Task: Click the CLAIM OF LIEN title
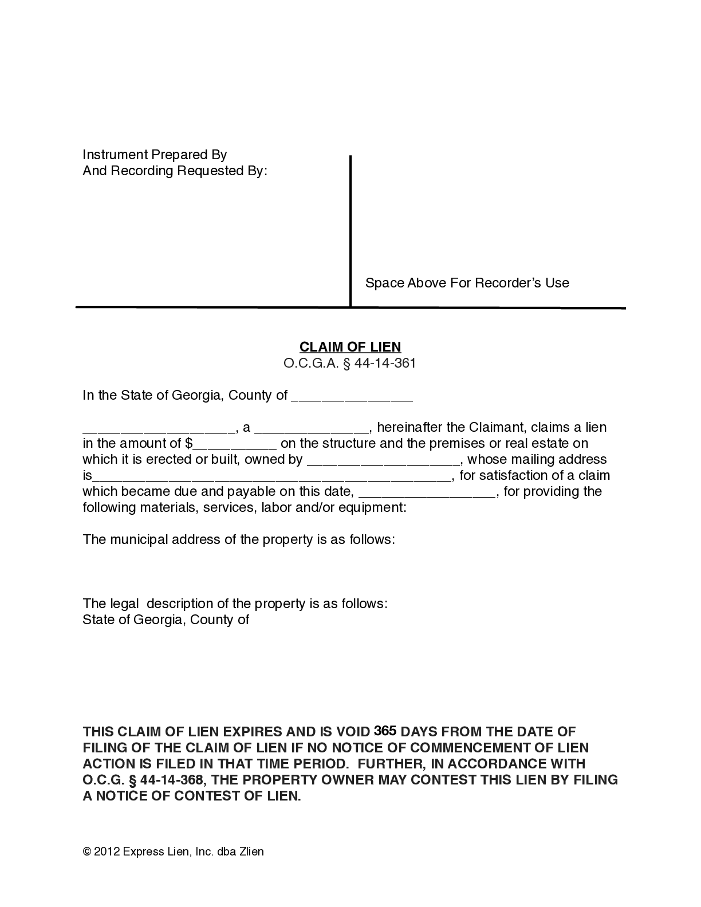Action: pos(350,346)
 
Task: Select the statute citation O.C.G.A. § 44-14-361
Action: pos(350,363)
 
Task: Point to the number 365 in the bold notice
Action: pos(385,731)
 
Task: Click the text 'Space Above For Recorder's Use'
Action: pos(467,283)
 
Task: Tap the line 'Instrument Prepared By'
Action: pos(155,155)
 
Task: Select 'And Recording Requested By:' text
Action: pos(175,171)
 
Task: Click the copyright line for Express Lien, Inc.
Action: pos(173,851)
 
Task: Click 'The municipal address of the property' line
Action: pos(238,539)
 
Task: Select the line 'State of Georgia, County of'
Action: pos(166,620)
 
